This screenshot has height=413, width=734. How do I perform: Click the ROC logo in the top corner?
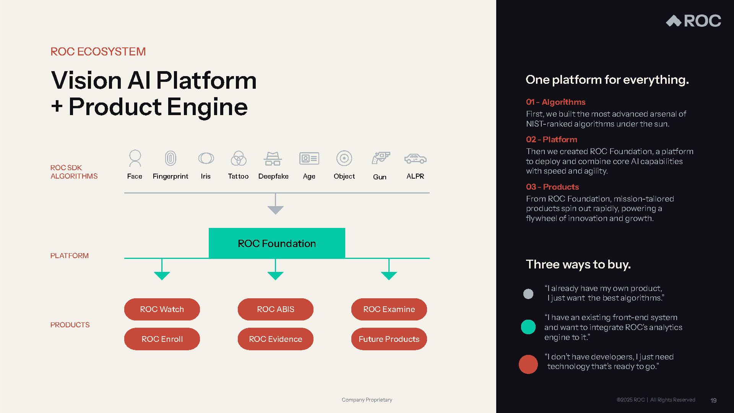693,21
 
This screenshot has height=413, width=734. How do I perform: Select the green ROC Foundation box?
277,243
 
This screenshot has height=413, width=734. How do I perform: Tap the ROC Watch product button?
162,309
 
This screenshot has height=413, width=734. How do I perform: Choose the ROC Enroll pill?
162,339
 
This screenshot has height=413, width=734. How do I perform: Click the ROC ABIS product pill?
275,309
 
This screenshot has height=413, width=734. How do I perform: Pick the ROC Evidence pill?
275,339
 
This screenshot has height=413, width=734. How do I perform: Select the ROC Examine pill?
389,309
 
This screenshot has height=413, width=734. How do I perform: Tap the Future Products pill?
389,339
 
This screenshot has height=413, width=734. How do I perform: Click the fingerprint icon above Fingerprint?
171,158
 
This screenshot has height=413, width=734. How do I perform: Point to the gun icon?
380,158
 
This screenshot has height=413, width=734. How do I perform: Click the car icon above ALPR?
415,158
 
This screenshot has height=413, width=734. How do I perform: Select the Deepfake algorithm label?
273,176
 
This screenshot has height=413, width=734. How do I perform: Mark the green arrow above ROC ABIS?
275,275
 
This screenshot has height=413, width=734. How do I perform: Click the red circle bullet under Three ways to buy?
528,364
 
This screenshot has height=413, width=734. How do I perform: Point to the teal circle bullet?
528,327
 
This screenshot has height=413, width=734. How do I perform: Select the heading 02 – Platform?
551,140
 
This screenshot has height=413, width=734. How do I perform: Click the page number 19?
713,400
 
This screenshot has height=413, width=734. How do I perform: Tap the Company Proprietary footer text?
367,400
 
